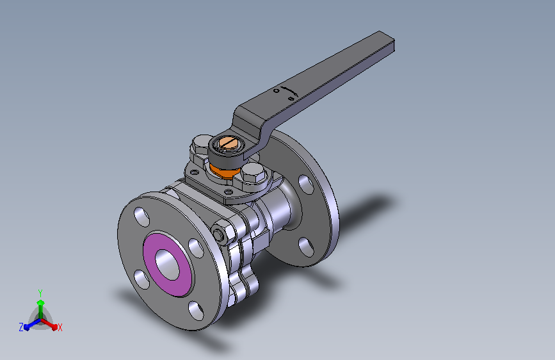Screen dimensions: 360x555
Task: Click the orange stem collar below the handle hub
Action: point(221,170)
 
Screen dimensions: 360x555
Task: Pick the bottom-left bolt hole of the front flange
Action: point(139,277)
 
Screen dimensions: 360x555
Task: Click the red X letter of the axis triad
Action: point(60,327)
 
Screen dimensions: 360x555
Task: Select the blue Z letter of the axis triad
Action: point(21,327)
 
